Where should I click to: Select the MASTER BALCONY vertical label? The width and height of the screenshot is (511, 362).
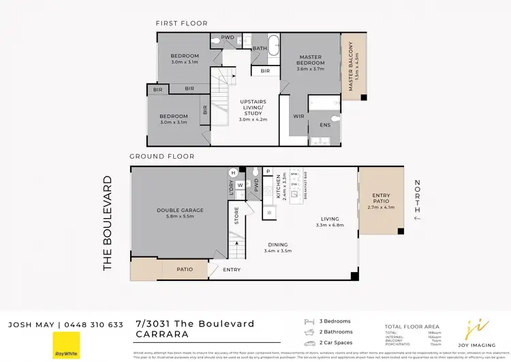click(352, 66)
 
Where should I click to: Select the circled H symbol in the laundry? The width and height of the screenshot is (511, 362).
click(233, 172)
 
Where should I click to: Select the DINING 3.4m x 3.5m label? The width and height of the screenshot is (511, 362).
click(277, 247)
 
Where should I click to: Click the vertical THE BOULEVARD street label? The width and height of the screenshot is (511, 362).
click(108, 224)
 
